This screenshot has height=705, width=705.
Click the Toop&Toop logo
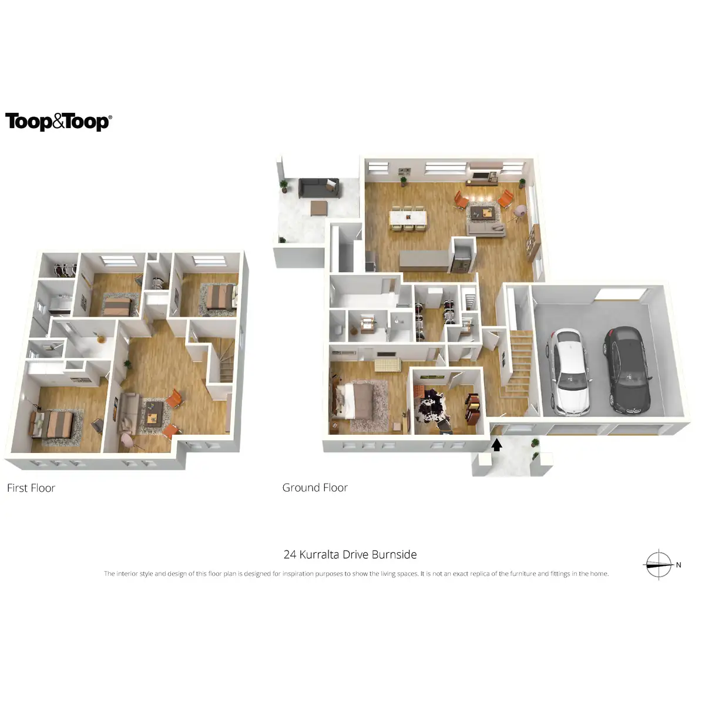pos(58,122)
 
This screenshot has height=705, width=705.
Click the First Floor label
pos(31,488)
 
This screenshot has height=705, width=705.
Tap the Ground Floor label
pos(315,488)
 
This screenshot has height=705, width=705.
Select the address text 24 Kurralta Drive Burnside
pos(350,555)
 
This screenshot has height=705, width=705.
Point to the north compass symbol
pos(659,565)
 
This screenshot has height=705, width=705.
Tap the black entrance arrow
pos(497,445)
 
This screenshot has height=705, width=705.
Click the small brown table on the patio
pos(319,207)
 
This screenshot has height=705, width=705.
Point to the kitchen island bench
pos(423,260)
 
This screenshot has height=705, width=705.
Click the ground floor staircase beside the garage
pos(517,364)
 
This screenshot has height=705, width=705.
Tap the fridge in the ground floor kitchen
pos(461,258)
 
